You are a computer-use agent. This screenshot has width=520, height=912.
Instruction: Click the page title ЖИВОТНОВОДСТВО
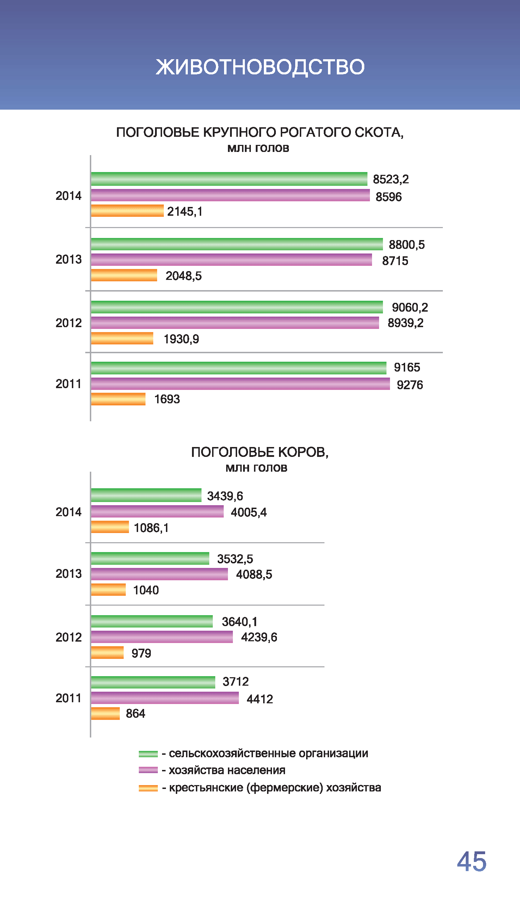tap(260, 67)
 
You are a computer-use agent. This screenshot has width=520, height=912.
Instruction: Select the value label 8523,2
tap(391, 179)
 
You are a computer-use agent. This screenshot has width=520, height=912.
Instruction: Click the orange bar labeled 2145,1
tap(127, 210)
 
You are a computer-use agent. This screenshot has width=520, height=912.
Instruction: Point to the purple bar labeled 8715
tap(231, 260)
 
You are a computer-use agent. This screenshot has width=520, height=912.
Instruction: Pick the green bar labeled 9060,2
tap(237, 307)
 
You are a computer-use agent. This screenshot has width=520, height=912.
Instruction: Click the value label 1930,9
tap(181, 339)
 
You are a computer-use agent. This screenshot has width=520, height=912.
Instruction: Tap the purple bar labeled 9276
tap(240, 384)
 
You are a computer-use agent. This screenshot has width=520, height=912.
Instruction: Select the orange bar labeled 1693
tap(118, 399)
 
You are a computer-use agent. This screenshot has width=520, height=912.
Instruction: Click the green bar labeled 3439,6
tap(146, 495)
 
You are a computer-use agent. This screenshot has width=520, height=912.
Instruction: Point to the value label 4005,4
tap(249, 512)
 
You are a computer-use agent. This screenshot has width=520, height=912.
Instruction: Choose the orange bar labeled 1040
tap(108, 590)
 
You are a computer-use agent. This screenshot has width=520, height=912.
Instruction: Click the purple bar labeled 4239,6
tap(162, 637)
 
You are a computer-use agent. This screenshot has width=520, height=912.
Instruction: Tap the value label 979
tap(141, 653)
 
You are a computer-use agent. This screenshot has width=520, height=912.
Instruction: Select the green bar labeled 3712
tap(153, 682)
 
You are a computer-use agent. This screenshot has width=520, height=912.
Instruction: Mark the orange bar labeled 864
tap(105, 713)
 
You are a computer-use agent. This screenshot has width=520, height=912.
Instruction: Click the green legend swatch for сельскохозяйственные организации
tap(148, 754)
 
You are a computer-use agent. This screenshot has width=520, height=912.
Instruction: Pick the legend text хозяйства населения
tap(227, 770)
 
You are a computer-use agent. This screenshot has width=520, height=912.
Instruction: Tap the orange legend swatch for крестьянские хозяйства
tap(148, 788)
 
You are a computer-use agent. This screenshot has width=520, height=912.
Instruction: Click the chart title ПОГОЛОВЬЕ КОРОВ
tap(260, 452)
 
